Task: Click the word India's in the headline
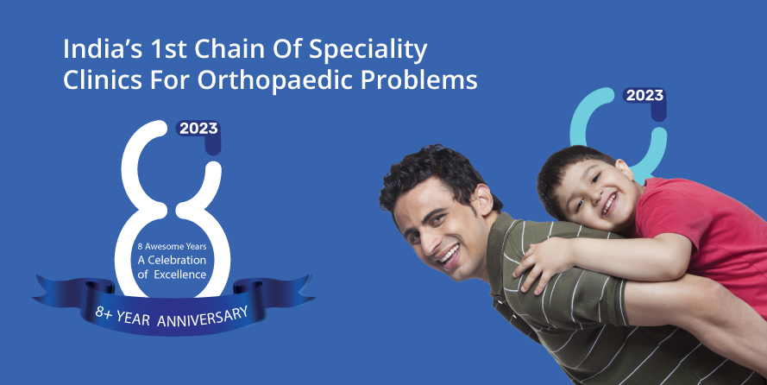click(104, 49)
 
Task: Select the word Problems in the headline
click(418, 79)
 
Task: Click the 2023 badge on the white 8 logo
click(198, 129)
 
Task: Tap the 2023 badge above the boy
click(644, 96)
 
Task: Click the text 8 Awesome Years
click(173, 247)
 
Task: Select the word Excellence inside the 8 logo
click(180, 275)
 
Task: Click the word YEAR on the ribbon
click(133, 318)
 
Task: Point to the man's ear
click(482, 199)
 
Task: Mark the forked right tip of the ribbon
click(313, 295)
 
